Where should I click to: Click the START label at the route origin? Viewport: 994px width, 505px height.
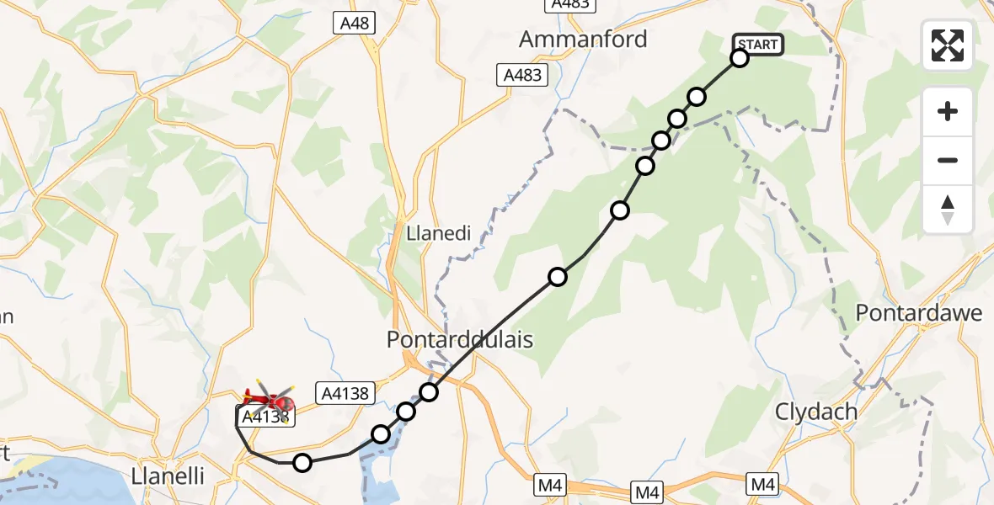(x=759, y=44)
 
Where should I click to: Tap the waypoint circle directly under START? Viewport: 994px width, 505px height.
(x=740, y=58)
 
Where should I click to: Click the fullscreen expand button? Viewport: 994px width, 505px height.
(x=948, y=45)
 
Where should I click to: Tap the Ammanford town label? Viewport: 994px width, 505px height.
(x=583, y=39)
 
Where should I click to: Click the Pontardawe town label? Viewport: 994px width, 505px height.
(x=919, y=313)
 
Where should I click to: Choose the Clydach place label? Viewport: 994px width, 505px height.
(x=816, y=412)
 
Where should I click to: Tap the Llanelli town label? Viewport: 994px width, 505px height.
(x=168, y=476)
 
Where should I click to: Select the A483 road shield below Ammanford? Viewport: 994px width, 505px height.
(x=522, y=75)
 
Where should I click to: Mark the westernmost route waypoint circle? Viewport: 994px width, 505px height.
(x=302, y=462)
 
